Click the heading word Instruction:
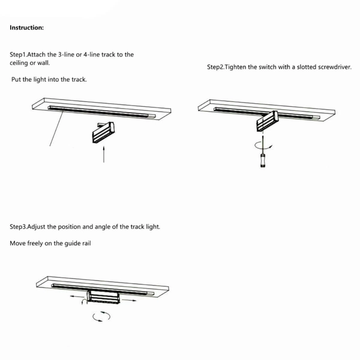coord(26,28)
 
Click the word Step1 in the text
coord(18,55)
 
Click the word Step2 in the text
coord(215,67)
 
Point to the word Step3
coord(18,227)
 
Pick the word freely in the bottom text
coord(35,244)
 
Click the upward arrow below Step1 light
coord(104,154)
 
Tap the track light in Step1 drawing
coord(104,133)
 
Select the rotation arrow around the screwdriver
coord(263,146)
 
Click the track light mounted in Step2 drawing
coord(267,121)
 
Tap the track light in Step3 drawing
coord(103,298)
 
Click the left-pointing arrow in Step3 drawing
coord(77,296)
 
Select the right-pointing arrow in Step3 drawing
coord(129,300)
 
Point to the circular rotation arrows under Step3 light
coord(101,316)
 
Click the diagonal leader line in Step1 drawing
coord(56,128)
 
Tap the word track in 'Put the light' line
coord(79,79)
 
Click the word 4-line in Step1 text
coord(92,55)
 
